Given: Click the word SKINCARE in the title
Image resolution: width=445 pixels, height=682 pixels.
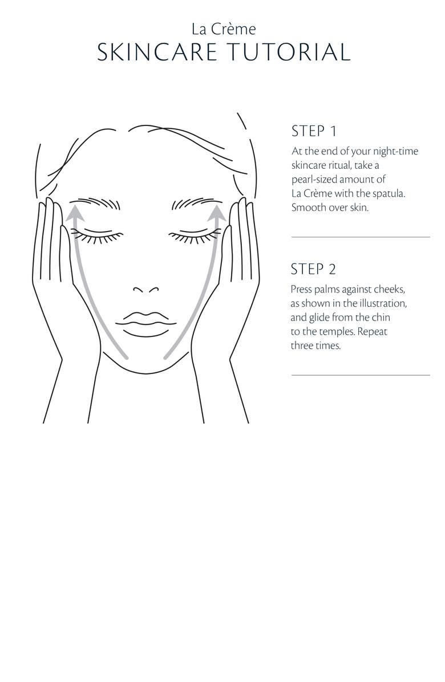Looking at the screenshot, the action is point(157,52).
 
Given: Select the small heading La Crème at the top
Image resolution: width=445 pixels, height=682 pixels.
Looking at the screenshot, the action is point(224,29).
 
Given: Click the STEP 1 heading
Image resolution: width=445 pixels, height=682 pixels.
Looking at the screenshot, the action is point(314,131).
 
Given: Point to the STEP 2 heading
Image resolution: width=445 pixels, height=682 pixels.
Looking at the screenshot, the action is point(313,269).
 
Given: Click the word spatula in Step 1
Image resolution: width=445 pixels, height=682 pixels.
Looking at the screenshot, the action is point(389,193).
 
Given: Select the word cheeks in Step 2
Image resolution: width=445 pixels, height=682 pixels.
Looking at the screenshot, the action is point(390,289).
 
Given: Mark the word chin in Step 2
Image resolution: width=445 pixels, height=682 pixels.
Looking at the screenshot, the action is point(381,318).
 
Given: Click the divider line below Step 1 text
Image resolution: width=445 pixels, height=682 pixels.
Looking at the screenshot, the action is point(361,237).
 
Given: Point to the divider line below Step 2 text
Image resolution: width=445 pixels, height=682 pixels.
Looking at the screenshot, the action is point(361,375).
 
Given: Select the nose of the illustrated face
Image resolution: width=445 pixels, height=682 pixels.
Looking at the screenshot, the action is point(145,289).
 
